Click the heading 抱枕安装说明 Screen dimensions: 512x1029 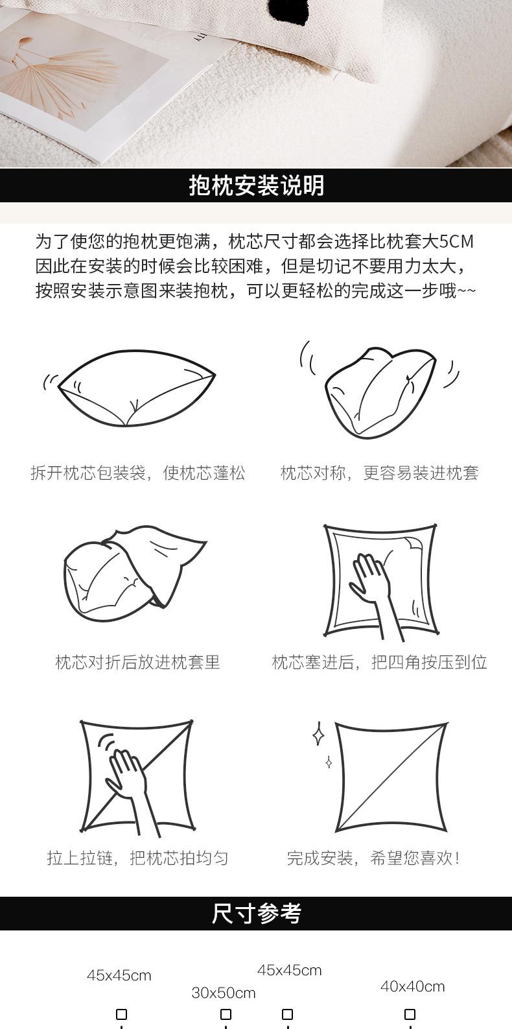(256, 185)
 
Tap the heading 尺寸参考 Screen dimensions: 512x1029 (256, 913)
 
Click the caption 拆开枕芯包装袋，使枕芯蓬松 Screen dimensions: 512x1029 (138, 473)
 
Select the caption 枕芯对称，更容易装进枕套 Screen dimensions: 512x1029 (379, 473)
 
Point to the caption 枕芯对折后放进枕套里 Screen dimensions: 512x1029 (138, 662)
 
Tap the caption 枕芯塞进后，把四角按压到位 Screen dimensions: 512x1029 (379, 662)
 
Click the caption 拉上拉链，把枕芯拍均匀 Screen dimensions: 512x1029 (138, 858)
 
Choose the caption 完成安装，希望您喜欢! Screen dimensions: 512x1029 (373, 858)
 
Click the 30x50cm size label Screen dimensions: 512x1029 (223, 993)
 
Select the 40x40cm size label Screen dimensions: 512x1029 (412, 986)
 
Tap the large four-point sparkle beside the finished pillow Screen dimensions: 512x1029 (318, 733)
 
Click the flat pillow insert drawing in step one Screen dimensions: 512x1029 (136, 388)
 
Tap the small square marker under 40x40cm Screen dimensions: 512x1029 (410, 1014)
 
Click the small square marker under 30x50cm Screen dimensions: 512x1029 (226, 1014)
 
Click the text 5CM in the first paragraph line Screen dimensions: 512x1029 (456, 242)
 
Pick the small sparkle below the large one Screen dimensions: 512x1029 (329, 763)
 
